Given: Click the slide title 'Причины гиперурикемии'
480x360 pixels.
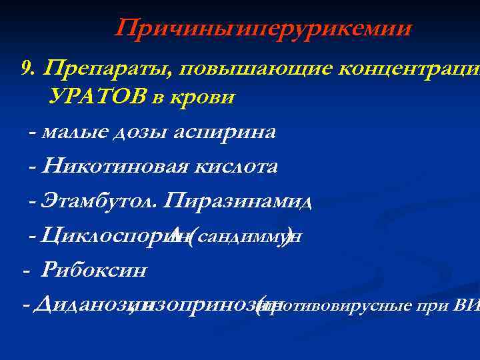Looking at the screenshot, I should point(263,29).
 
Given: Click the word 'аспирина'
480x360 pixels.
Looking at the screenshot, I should point(224,131).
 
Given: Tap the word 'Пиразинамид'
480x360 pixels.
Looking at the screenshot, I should point(237,200).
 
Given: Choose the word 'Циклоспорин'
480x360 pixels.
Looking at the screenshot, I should point(107,235).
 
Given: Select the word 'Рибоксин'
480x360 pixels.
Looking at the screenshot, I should point(94,271).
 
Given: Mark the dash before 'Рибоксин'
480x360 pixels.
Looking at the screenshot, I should point(26,271).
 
